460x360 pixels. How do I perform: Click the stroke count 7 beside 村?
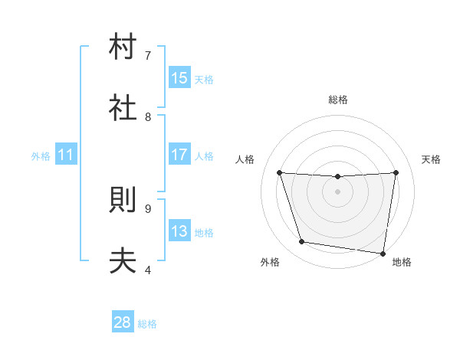[148, 55]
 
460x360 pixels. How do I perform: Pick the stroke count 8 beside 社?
[148, 116]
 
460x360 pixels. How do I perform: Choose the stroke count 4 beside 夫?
[148, 270]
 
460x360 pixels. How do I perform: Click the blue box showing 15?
[179, 78]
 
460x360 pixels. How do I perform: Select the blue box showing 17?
[179, 155]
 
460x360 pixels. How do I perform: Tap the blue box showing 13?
[179, 231]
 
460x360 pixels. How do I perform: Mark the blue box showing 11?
[66, 155]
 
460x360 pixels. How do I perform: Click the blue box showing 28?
[123, 322]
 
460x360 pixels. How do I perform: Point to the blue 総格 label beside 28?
[147, 324]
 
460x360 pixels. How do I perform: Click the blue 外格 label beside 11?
[41, 156]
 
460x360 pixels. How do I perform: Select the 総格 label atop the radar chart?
[338, 100]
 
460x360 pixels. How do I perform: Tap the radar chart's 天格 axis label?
[432, 159]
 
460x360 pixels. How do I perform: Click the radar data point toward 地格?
[383, 253]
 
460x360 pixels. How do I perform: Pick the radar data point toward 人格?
[280, 172]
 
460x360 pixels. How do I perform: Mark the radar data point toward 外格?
[302, 242]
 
